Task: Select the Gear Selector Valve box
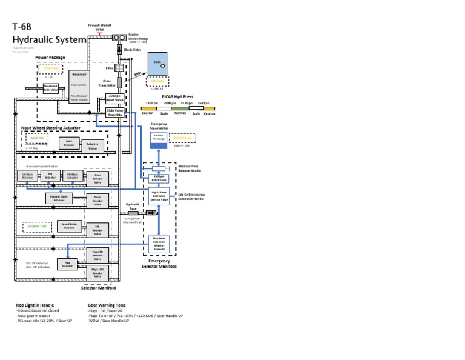(97, 178)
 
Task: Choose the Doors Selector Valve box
(97, 201)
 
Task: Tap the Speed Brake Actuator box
(69, 227)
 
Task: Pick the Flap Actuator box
(67, 264)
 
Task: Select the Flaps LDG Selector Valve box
(97, 273)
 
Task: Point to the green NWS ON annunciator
(36, 138)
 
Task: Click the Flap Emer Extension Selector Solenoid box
(159, 244)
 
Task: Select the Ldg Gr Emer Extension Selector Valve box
(159, 196)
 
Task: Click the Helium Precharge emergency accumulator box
(158, 139)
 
